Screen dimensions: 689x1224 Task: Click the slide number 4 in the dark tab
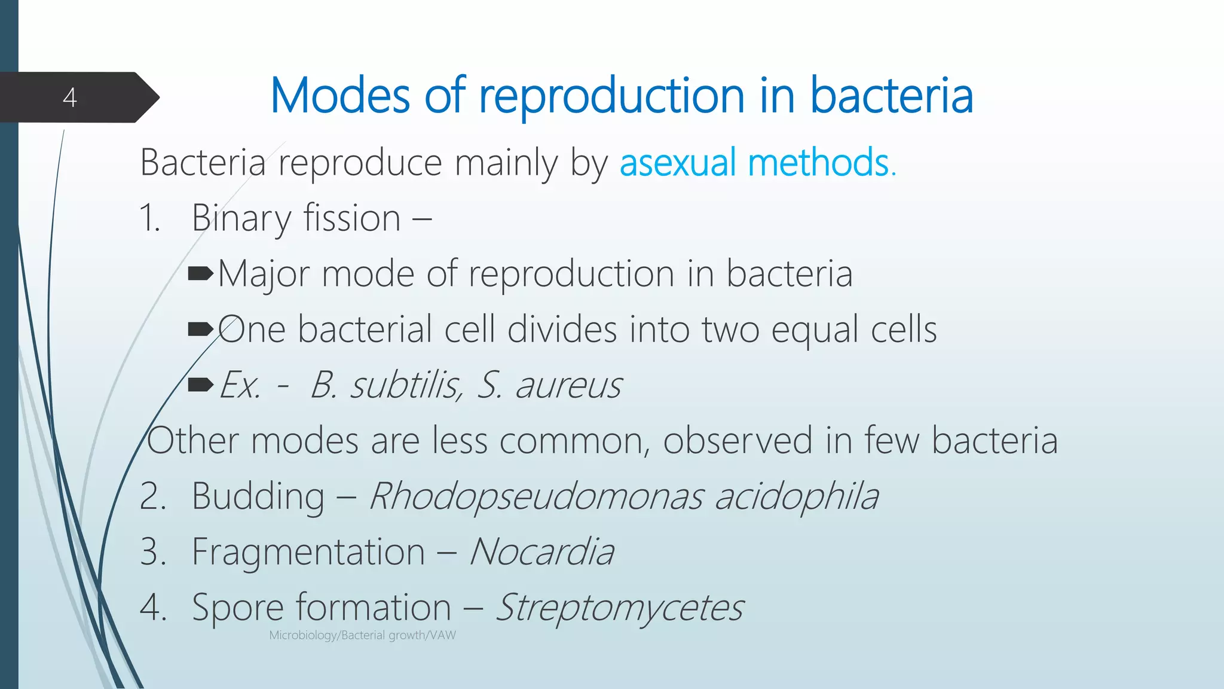[70, 97]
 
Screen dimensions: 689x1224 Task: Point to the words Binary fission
[296, 218]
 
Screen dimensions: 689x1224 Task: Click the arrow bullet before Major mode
[200, 274]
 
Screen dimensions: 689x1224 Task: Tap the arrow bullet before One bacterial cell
[200, 329]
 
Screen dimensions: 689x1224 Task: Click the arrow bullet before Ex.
[200, 384]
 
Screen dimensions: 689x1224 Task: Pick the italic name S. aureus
[549, 385]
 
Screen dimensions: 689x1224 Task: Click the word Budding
[258, 496]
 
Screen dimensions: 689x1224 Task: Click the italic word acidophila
[796, 496]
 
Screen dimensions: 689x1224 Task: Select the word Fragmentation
[308, 551]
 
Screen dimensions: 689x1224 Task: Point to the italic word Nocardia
[541, 551]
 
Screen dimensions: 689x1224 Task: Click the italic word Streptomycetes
[620, 608]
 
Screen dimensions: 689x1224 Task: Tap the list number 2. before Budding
[152, 496]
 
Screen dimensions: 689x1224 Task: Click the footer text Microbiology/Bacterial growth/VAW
[362, 635]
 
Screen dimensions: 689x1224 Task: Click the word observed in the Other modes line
[738, 441]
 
